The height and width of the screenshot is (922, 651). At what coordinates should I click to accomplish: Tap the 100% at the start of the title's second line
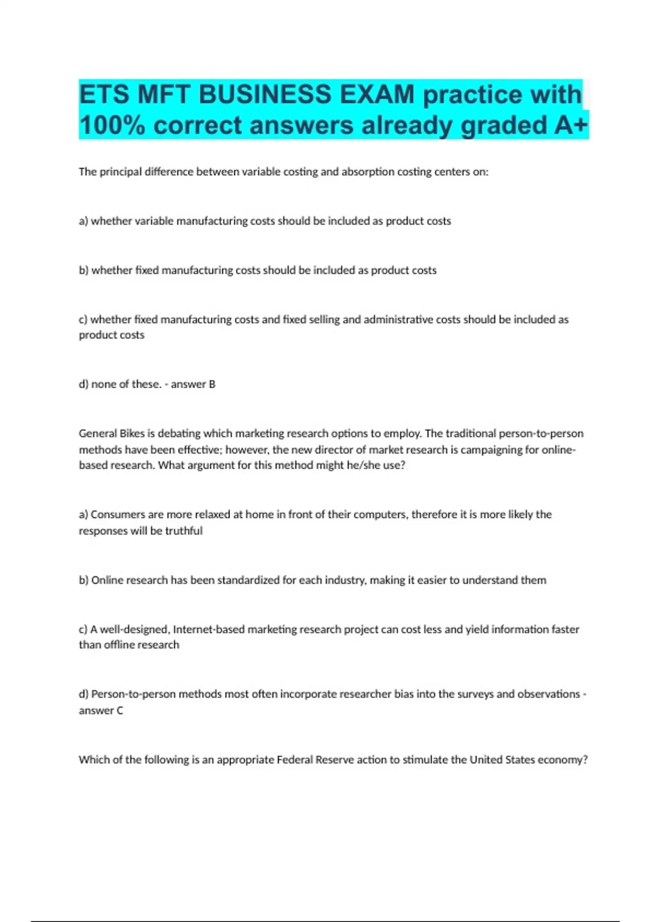click(x=112, y=125)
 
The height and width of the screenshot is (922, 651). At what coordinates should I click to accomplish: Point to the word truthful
click(x=184, y=530)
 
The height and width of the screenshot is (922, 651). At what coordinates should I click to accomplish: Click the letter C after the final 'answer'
click(x=119, y=710)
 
